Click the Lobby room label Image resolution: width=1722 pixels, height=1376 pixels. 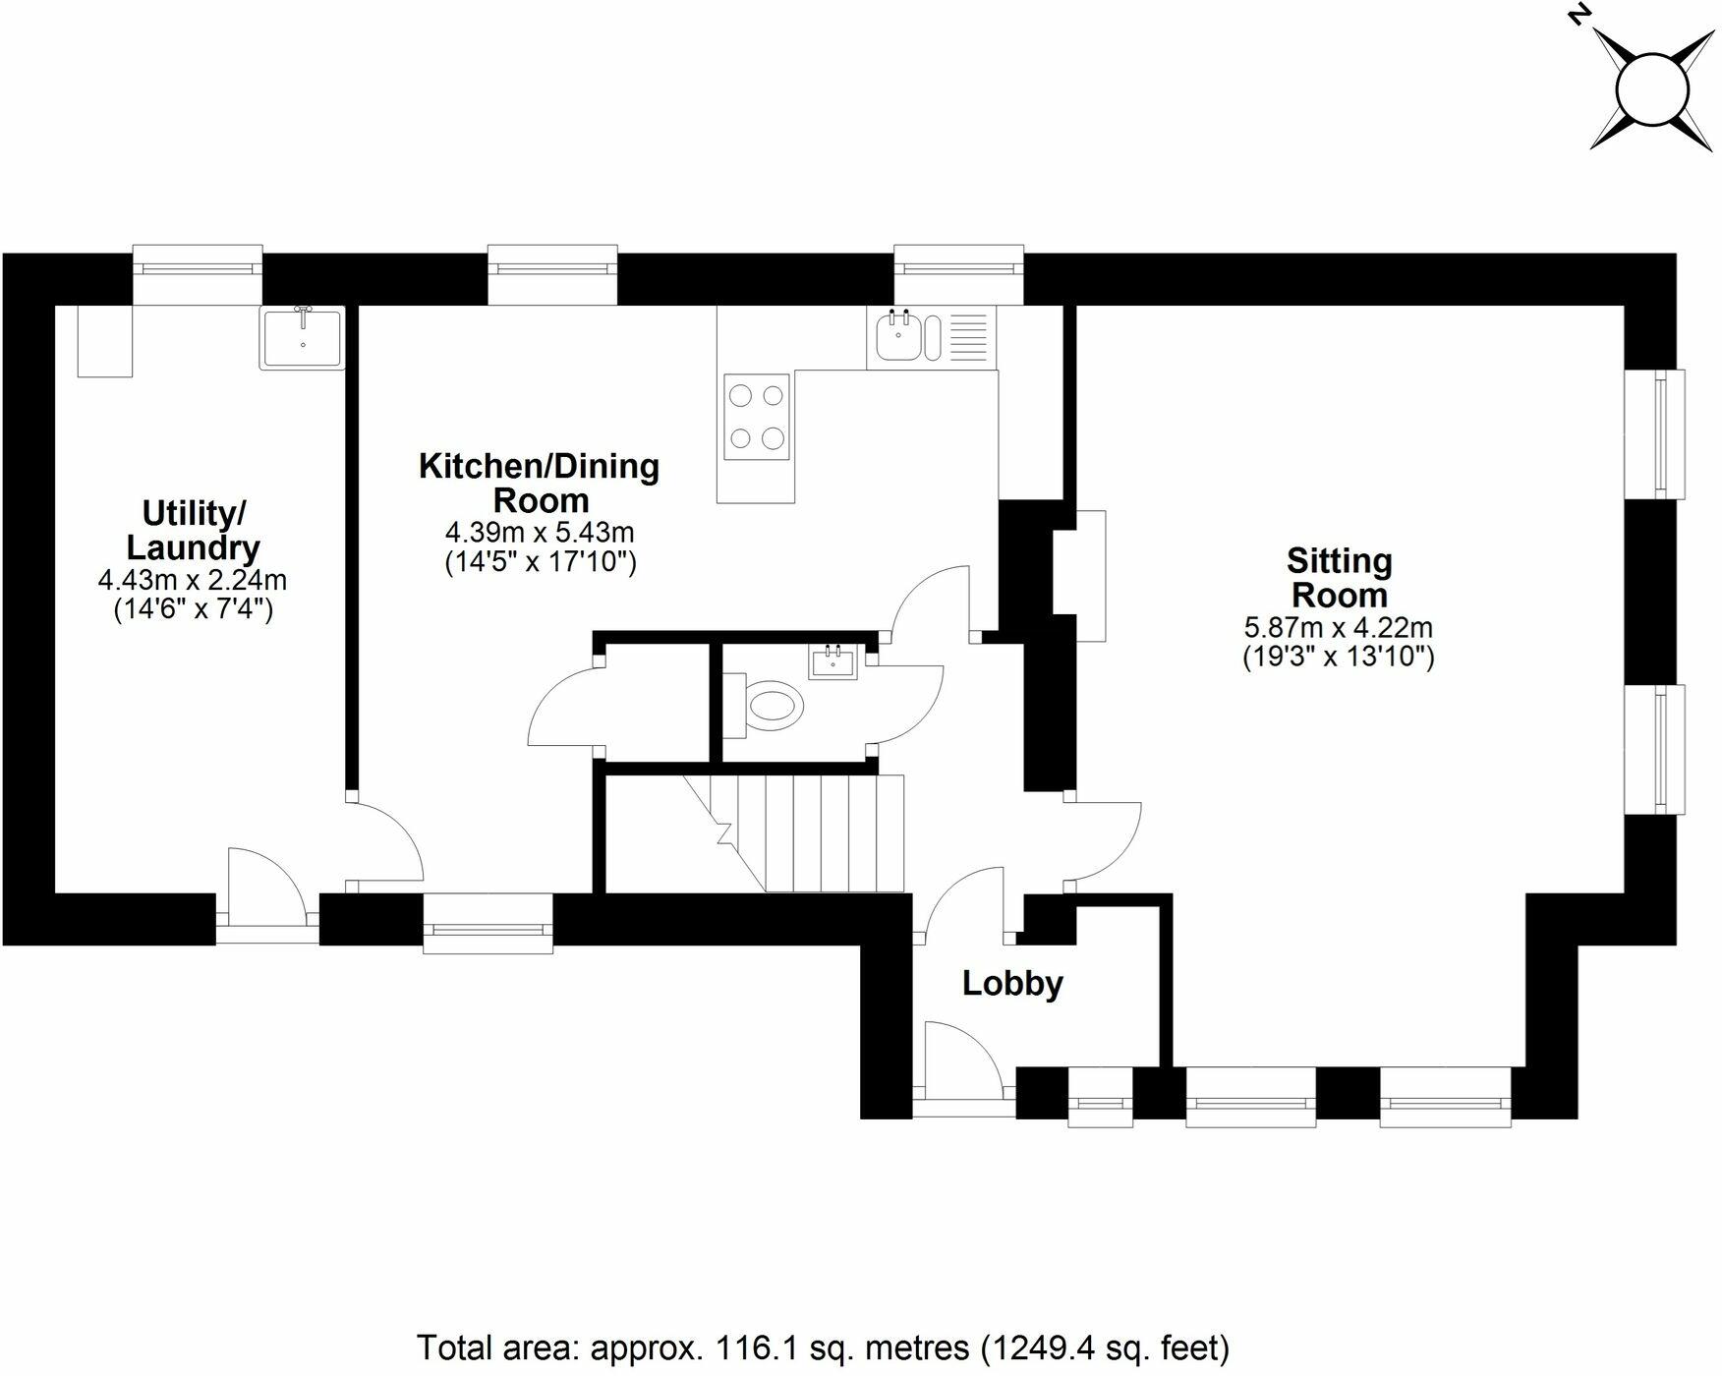coord(1012,984)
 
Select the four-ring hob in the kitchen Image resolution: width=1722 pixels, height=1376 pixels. coord(757,416)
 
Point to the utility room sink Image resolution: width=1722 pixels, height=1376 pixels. coord(303,338)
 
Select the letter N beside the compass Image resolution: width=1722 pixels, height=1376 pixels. coord(1578,16)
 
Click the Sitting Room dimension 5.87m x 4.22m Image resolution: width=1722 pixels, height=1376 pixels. coord(1338,627)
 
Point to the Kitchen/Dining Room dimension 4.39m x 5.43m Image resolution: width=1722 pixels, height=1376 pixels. coord(540,533)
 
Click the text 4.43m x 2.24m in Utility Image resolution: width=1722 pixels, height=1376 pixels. coord(193,580)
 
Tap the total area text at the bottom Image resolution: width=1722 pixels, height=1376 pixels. coord(823,1346)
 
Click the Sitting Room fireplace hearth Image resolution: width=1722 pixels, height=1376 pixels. coord(1091,576)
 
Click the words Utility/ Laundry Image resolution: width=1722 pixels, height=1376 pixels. coord(194,530)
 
